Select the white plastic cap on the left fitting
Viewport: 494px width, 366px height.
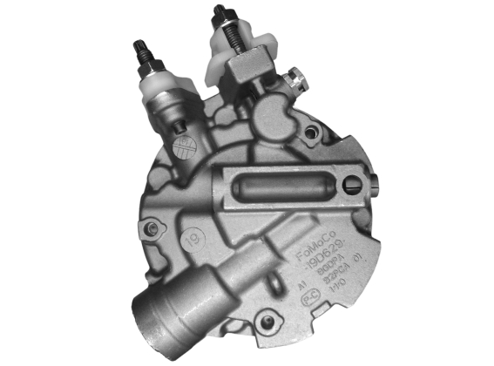[x=166, y=87]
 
